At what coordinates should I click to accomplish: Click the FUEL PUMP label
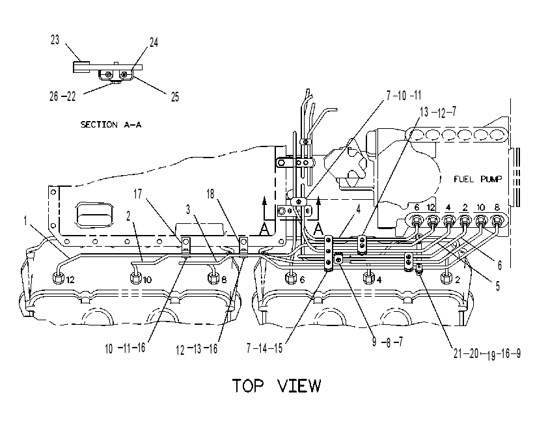(x=478, y=179)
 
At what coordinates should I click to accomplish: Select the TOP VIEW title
(x=277, y=385)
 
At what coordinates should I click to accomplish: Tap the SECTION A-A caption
(x=111, y=124)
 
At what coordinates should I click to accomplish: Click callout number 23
(x=55, y=40)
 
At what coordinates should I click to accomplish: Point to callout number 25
(x=175, y=97)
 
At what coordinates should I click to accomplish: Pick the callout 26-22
(x=62, y=96)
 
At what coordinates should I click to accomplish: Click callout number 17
(x=138, y=194)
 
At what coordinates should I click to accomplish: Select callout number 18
(x=210, y=194)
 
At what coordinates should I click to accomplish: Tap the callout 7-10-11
(x=404, y=95)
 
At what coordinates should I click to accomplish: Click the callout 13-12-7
(x=438, y=112)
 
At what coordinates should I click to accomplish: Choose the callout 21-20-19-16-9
(x=487, y=353)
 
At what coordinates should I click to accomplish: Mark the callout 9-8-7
(x=388, y=341)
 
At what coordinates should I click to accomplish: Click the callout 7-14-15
(x=265, y=348)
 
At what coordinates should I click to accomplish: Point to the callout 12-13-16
(x=197, y=349)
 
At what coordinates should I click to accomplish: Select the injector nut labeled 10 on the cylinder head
(x=136, y=279)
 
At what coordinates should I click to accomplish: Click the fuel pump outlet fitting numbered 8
(x=497, y=221)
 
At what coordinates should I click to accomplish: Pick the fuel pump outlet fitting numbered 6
(x=417, y=221)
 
